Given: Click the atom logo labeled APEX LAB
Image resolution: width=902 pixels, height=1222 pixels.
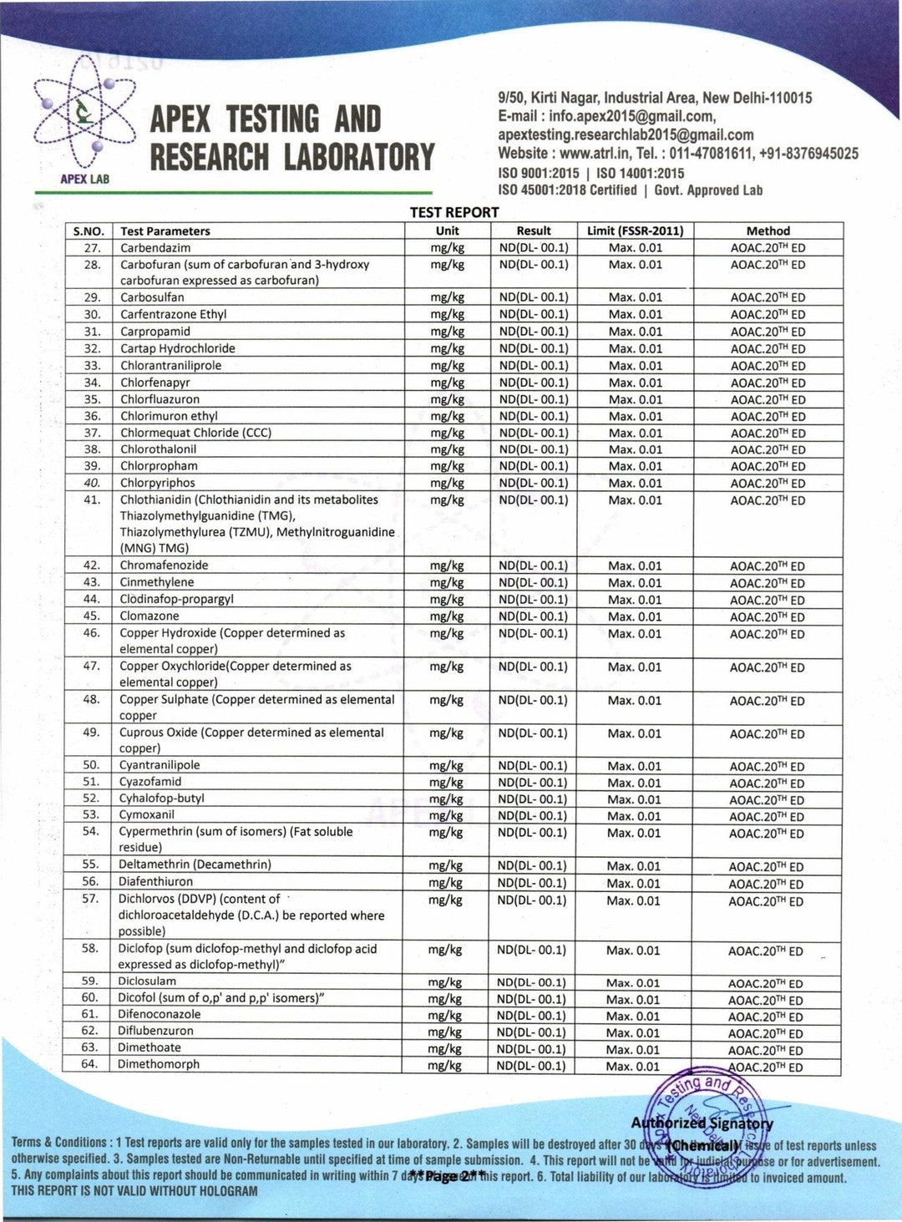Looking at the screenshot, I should pos(84,121).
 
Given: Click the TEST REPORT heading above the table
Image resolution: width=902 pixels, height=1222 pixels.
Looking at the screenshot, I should pos(454,212).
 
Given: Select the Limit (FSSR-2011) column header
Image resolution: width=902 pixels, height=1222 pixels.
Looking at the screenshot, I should pos(635,231).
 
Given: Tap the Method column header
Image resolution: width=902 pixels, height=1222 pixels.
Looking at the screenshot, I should pos(768,231).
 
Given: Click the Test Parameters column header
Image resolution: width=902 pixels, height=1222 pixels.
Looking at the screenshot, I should pos(165,231).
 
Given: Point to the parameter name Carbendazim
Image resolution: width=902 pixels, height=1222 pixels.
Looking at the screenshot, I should pos(155,248).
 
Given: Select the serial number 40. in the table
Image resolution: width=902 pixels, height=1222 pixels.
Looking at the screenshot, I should pos(92,483).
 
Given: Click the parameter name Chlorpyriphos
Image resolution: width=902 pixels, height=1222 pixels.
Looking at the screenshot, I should pos(158,483).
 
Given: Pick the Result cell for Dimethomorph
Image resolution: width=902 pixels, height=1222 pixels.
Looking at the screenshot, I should pos(531,1066).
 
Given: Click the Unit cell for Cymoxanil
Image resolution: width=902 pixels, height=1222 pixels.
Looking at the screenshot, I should pos(445,815).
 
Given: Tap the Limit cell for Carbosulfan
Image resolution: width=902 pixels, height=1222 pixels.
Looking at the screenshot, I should pos(635,297).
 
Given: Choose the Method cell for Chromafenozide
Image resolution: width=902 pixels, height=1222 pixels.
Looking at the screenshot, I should pos(768,566).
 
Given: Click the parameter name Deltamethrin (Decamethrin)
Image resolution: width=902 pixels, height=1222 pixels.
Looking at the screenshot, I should pos(195,865).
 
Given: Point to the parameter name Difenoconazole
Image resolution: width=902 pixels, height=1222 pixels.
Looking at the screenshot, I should pos(159,1014).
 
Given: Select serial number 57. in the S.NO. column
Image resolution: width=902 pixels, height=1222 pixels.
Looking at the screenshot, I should pos(90,899).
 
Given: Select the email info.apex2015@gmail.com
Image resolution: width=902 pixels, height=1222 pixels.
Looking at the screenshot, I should pos(631,116).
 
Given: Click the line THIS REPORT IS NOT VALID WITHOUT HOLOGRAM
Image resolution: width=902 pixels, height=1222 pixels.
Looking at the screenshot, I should pos(134,1191).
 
